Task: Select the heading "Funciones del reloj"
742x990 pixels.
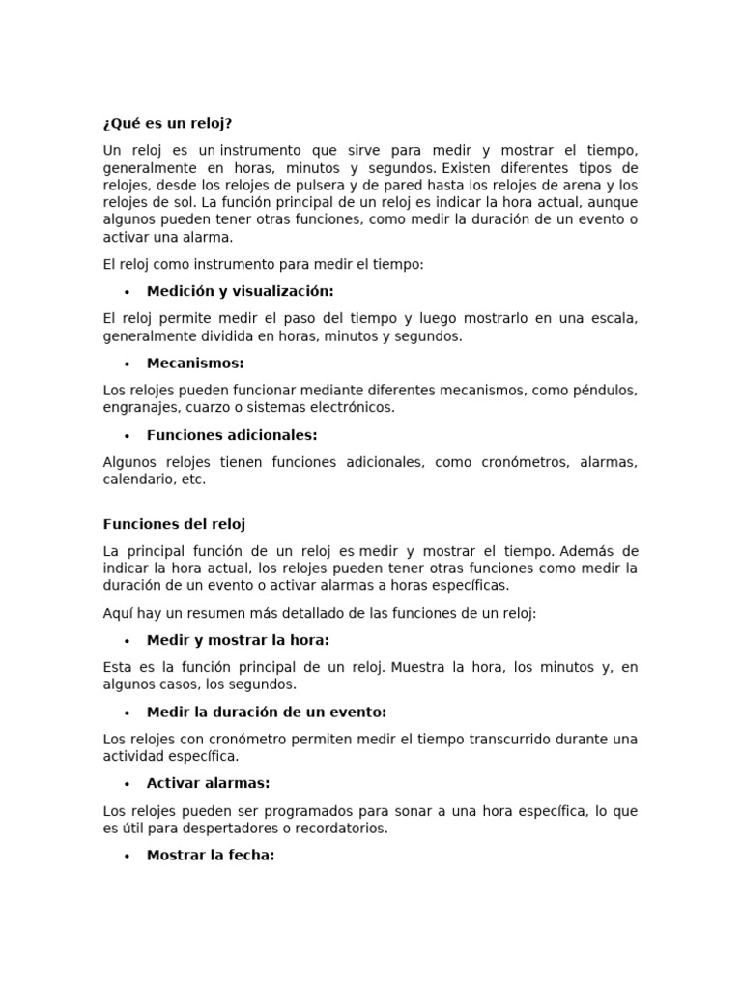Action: [174, 524]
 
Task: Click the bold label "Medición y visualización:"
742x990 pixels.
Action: [240, 291]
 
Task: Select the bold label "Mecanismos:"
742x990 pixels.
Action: [195, 364]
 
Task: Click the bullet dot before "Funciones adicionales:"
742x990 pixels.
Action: [127, 436]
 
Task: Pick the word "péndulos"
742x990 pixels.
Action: [605, 391]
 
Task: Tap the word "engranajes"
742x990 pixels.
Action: [139, 408]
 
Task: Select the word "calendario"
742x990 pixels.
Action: [137, 480]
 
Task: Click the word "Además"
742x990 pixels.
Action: [586, 551]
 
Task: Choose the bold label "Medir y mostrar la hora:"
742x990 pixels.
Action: [238, 640]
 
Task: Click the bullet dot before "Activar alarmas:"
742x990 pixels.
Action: [127, 784]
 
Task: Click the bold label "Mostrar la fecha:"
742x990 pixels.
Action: [211, 856]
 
